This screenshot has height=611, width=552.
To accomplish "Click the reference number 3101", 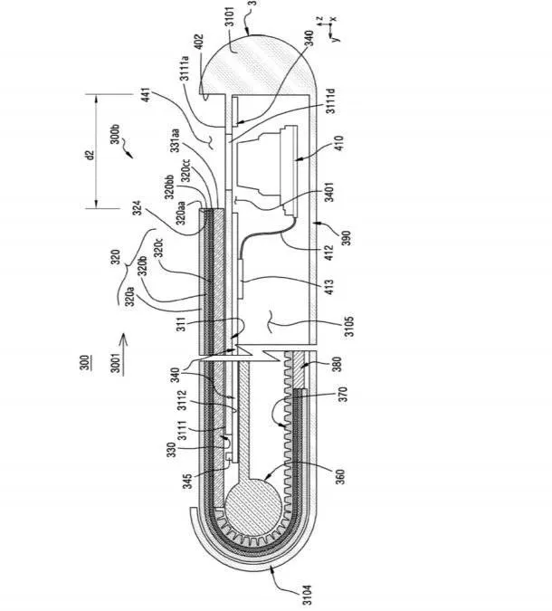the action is point(230,16).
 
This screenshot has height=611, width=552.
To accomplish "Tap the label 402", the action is point(199,42).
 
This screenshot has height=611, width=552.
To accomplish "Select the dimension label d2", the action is point(90,155).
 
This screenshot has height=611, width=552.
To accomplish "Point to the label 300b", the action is point(115,134).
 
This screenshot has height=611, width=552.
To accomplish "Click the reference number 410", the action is point(339,143).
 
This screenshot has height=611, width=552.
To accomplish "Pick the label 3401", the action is point(329,193).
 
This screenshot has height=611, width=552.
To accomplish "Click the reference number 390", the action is point(346,238).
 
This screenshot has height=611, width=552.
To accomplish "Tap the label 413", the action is point(329,287).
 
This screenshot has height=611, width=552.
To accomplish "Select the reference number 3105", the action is point(349,326).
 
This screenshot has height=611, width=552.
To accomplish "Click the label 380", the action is point(337,365).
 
